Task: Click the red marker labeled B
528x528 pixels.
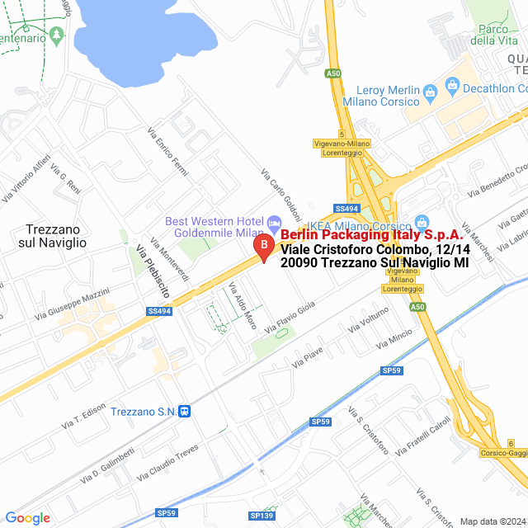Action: (x=262, y=246)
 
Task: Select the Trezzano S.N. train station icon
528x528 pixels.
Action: (x=187, y=411)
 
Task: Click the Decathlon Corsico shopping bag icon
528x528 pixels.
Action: (x=452, y=84)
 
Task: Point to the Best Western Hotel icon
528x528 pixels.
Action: (x=275, y=222)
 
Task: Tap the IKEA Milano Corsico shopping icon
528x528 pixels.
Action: (x=422, y=222)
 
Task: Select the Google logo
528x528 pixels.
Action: (x=27, y=518)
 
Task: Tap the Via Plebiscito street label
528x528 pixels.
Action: (x=153, y=272)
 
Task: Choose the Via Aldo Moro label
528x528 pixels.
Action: (x=243, y=306)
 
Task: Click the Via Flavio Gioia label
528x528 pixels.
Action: (x=290, y=316)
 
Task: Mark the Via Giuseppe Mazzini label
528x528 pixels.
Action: (x=72, y=304)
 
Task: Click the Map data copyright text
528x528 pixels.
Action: (x=492, y=521)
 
